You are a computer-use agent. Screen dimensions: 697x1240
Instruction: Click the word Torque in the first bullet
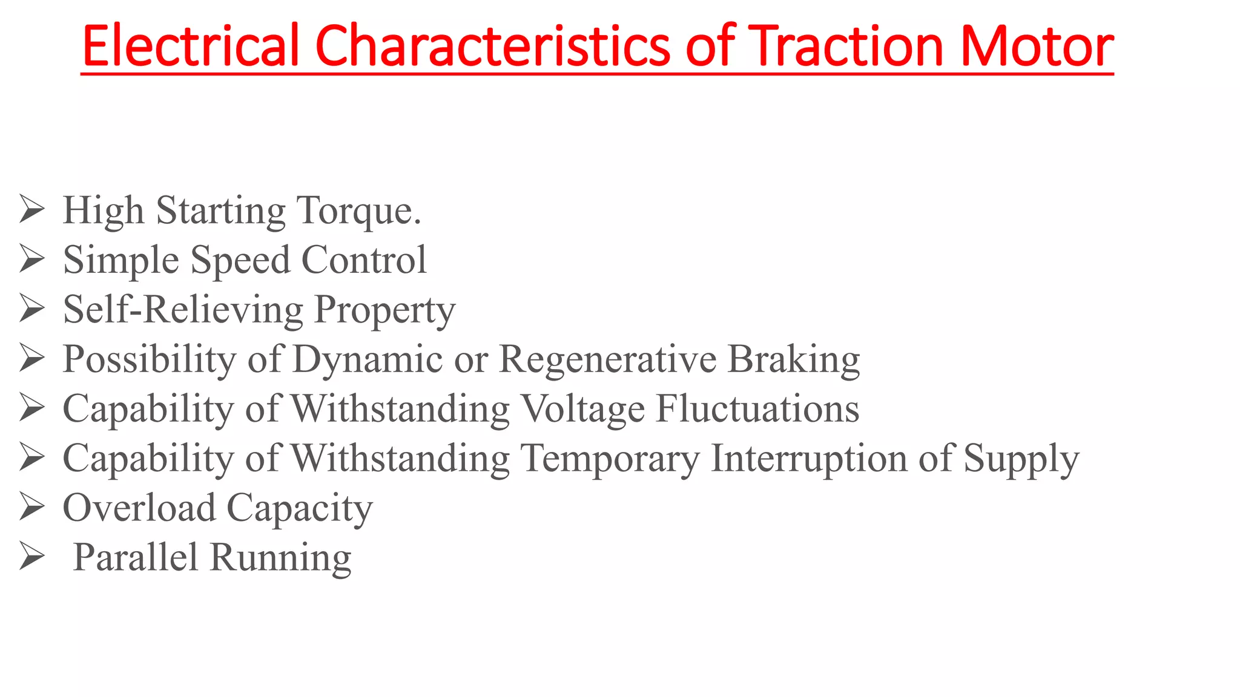coord(358,211)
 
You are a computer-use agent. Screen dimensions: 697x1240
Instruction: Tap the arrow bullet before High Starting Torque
coord(31,209)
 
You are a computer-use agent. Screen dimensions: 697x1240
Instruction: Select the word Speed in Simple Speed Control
coord(240,260)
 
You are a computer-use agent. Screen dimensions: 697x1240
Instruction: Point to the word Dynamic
coord(368,360)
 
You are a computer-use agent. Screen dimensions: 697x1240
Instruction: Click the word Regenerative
coord(607,360)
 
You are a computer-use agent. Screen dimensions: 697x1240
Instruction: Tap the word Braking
coord(793,360)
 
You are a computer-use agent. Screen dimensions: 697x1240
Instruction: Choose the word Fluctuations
coord(757,408)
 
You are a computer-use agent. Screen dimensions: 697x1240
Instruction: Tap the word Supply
coord(1021,459)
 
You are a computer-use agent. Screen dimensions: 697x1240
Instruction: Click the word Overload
coord(139,508)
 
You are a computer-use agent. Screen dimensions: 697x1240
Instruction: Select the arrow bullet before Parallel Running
coord(31,557)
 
